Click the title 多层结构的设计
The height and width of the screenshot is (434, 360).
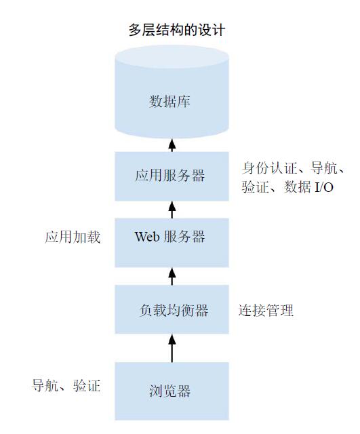176,30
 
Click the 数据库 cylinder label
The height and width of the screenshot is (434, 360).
169,101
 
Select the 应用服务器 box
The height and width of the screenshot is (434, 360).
172,176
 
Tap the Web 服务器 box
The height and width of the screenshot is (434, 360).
172,243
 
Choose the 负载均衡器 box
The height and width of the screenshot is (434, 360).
172,309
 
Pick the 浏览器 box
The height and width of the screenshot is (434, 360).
172,391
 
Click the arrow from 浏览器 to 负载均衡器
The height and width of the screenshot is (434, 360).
172,348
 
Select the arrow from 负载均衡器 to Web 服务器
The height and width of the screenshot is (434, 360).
172,276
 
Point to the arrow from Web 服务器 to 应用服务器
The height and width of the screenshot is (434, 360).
172,210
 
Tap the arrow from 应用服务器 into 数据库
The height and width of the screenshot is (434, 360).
172,145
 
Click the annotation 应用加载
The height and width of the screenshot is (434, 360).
73,237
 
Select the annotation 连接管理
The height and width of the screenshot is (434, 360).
266,311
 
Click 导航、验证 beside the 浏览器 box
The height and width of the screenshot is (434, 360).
66,386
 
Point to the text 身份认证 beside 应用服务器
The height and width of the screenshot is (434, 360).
269,168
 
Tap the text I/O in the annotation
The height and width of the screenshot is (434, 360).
324,187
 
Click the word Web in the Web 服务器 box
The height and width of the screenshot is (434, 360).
147,237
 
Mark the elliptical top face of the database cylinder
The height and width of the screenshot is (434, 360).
172,57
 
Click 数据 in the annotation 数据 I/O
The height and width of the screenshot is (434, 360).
298,187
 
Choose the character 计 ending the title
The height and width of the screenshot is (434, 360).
218,30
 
